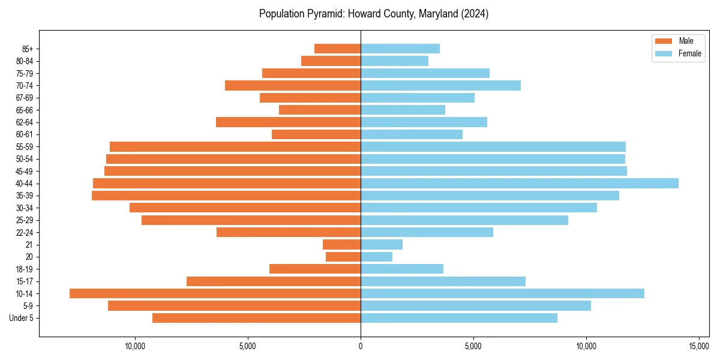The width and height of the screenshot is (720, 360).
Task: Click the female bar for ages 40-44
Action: click(519, 183)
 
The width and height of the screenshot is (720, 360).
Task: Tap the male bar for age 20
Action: click(343, 257)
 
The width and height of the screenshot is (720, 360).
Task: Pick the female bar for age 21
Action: click(382, 244)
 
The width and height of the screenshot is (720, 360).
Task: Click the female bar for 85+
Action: click(400, 49)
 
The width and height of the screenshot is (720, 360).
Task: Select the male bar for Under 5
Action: click(256, 318)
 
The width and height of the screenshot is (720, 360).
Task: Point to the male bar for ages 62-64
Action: click(288, 122)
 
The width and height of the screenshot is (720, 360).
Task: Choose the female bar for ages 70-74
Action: click(440, 85)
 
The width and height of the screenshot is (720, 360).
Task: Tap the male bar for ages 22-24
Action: click(289, 232)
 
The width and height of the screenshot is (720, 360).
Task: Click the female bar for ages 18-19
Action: click(402, 269)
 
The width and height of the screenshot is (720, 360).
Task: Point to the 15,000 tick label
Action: click(699, 346)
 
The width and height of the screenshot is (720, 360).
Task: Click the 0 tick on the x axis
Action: click(361, 346)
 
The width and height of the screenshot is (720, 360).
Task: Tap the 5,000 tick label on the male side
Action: click(248, 346)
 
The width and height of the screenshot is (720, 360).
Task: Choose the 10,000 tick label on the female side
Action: click(586, 346)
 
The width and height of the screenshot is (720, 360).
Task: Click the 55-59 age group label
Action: click(25, 146)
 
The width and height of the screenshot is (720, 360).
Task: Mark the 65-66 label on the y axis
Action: click(25, 110)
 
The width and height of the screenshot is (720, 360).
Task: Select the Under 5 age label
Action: click(22, 318)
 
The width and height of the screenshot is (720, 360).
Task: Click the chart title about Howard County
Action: click(374, 14)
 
